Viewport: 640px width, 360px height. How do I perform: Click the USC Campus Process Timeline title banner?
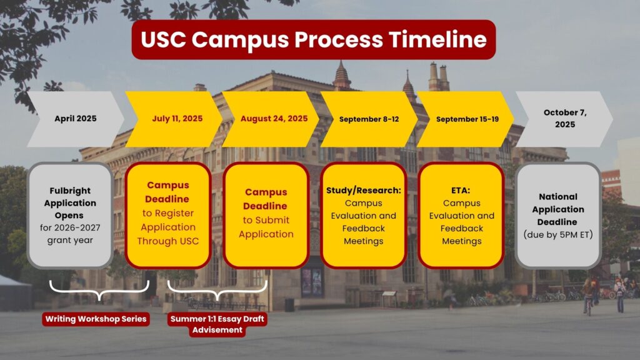314,39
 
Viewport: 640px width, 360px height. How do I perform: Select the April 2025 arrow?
76,119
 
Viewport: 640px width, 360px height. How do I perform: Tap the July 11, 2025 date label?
177,118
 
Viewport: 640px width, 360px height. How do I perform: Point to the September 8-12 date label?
369,119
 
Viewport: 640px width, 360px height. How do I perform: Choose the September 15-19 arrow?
465,119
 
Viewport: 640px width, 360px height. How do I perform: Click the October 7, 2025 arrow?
564,119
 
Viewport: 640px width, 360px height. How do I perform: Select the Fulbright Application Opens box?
70,215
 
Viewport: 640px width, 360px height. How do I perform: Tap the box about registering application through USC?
167,215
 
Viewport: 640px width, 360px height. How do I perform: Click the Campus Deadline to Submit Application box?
266,215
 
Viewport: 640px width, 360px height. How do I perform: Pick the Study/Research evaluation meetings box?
364,215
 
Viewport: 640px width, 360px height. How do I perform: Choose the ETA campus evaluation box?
461,215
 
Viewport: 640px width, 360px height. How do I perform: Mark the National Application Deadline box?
558,215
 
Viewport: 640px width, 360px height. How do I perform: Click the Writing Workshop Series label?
96,319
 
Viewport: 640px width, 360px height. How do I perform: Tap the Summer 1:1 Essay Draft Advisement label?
217,324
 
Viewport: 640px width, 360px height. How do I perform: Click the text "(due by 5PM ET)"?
558,235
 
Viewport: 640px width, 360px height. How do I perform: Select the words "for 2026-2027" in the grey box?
70,227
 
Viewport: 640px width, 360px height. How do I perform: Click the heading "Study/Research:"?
364,190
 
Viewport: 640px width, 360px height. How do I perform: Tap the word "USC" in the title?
163,39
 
